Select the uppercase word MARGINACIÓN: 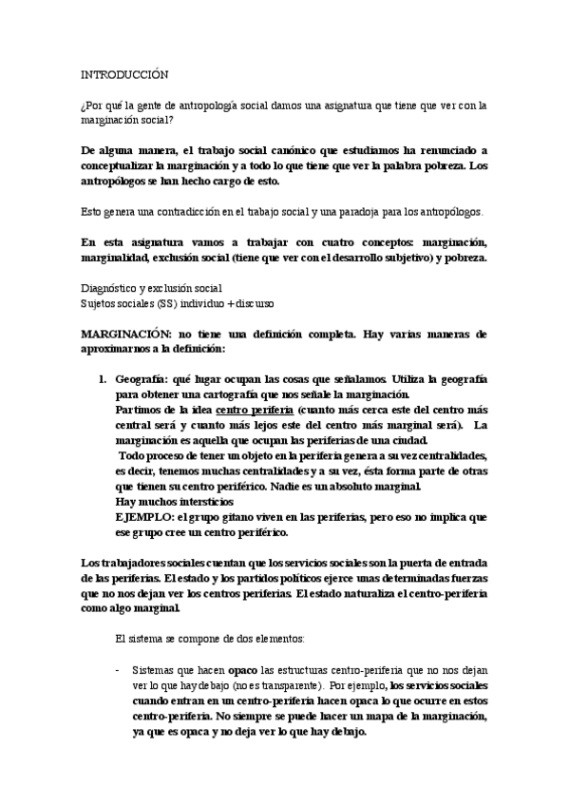coord(127,336)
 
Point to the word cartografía coord(254,394)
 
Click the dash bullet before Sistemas coord(118,669)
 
